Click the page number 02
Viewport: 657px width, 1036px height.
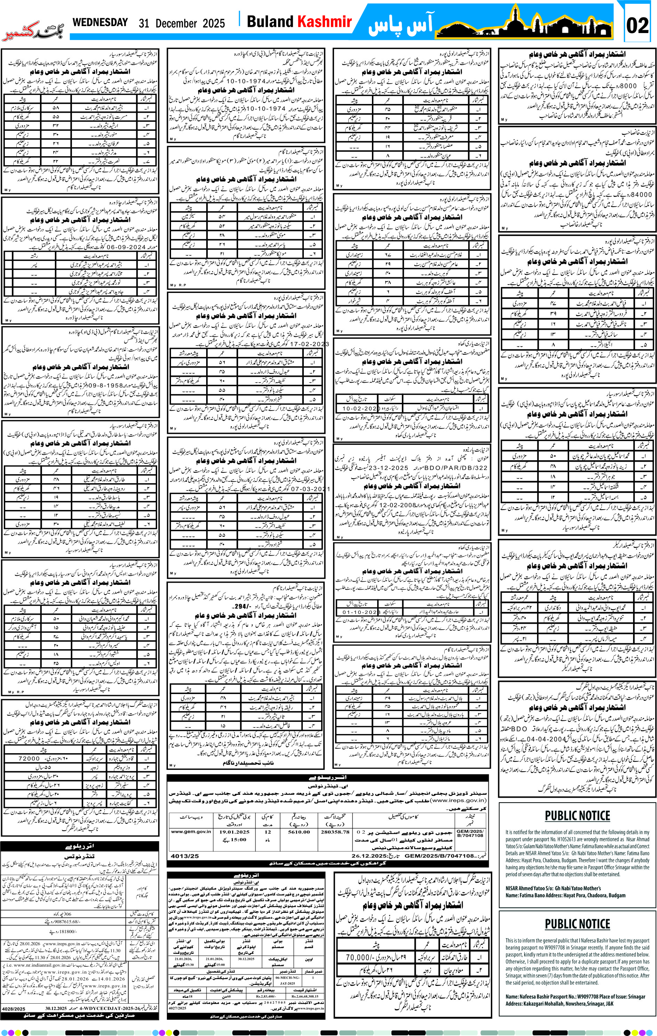[637, 25]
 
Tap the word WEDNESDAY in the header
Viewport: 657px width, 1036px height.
[100, 22]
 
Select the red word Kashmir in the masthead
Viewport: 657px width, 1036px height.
[325, 22]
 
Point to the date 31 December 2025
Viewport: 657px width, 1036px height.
[181, 23]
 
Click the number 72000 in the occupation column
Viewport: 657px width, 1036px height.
[30, 758]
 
